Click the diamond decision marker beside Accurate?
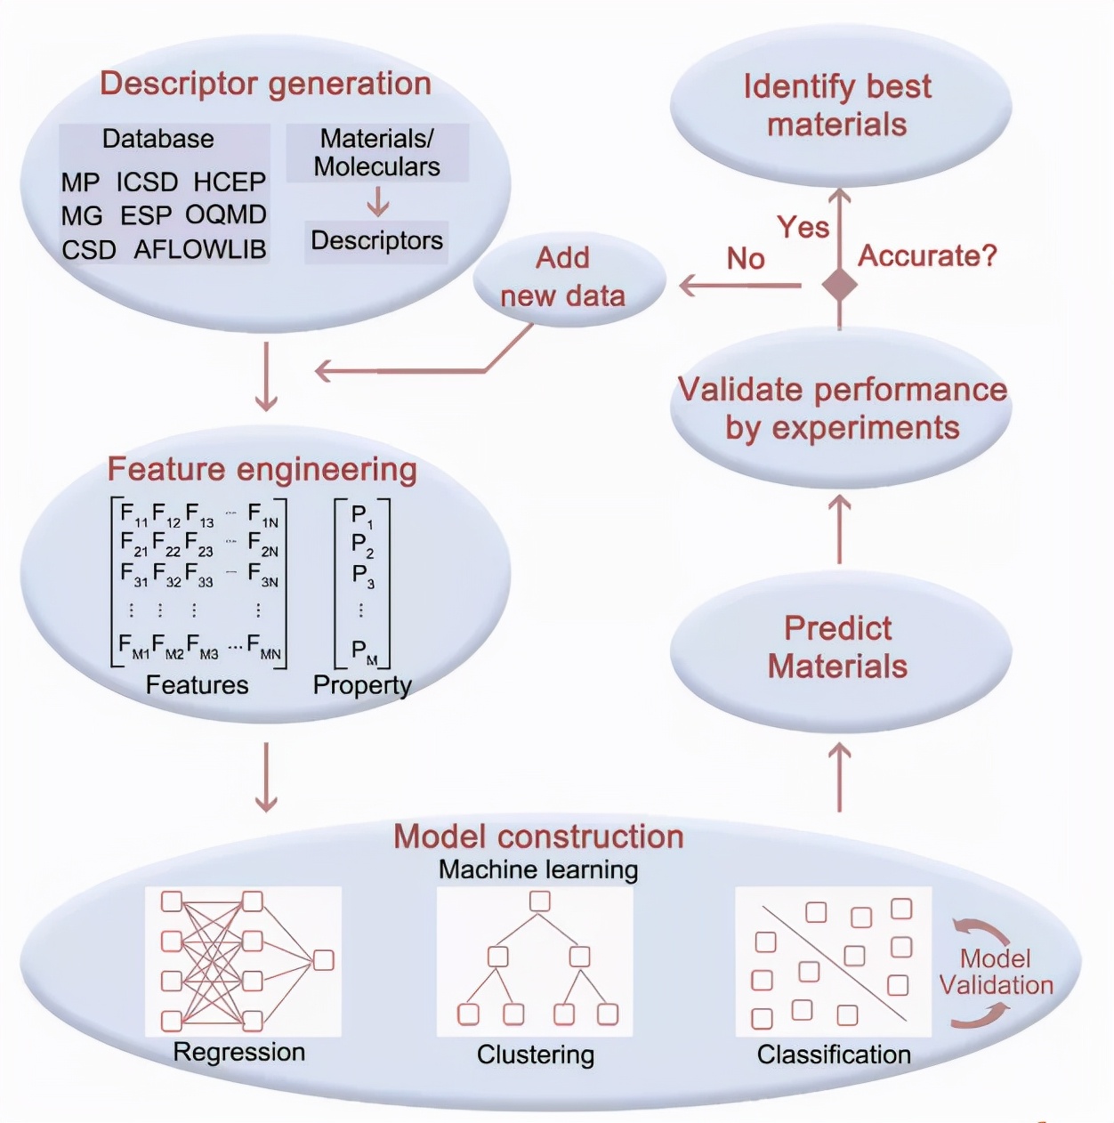839,285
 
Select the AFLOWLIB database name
200,249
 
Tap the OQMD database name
226,215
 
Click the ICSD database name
147,182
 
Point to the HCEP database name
230,182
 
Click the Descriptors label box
376,241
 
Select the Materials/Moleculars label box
377,153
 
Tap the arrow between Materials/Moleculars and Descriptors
378,201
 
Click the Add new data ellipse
569,277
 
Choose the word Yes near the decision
803,227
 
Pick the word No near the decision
746,259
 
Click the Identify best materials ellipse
839,106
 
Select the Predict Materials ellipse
839,649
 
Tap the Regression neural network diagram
243,961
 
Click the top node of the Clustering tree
539,901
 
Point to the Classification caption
834,1054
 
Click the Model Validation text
996,972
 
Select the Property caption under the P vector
362,685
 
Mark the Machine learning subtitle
538,869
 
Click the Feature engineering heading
262,469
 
